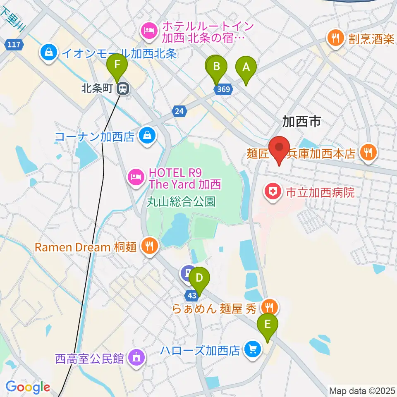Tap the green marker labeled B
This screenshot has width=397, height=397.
[x=216, y=66]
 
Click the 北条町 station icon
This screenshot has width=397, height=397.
[x=122, y=88]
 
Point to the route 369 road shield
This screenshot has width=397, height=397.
[x=224, y=89]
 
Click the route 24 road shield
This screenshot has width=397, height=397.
[x=179, y=110]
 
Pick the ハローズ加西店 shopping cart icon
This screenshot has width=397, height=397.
[x=252, y=350]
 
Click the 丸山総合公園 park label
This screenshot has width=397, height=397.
[x=181, y=202]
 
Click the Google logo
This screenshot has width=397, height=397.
[x=28, y=387]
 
